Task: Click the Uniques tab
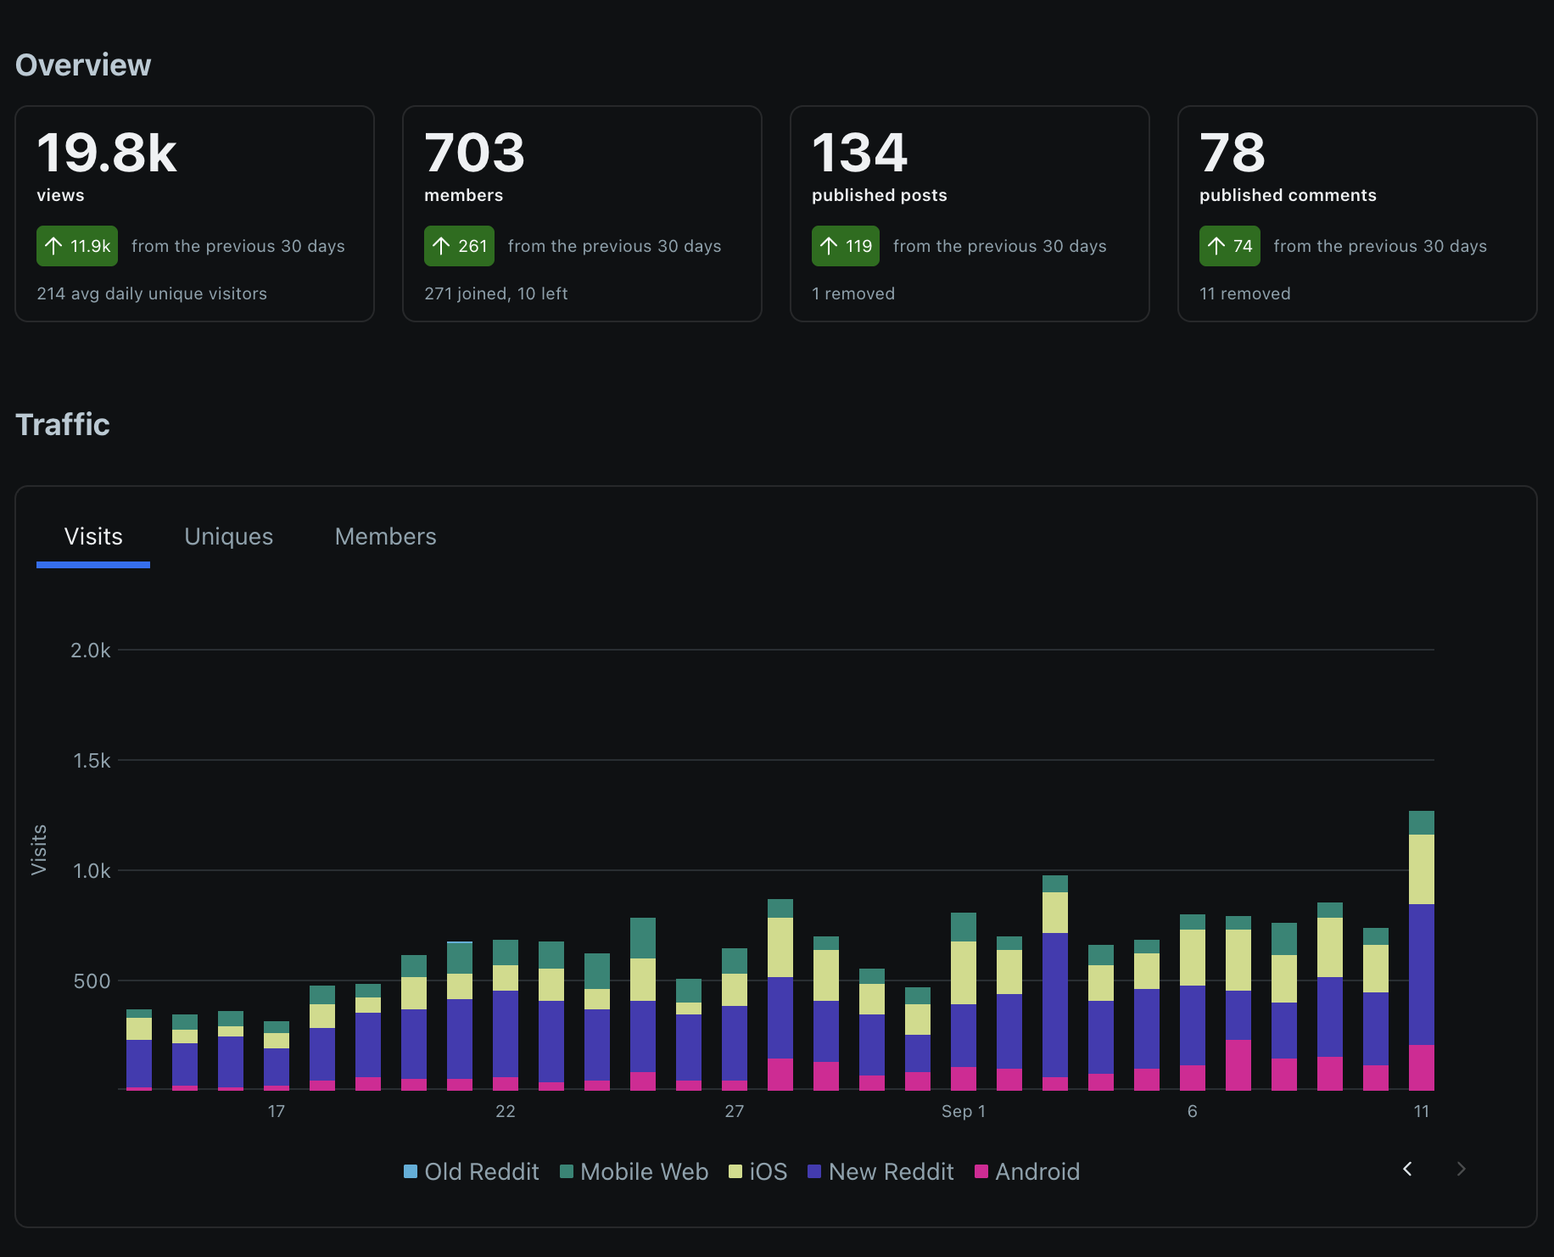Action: [228, 537]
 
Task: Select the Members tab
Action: [385, 537]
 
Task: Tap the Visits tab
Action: [93, 537]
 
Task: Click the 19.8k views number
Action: [107, 153]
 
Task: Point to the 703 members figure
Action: [474, 153]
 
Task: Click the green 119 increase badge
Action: [845, 246]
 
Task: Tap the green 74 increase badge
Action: [1229, 246]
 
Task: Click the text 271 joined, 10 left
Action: [495, 293]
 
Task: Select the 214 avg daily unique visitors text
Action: [152, 293]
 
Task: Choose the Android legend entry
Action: [1027, 1171]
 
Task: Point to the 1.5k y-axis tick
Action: [92, 761]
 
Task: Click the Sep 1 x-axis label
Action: [963, 1111]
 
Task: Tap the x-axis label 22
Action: [505, 1111]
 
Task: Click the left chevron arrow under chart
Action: [1407, 1169]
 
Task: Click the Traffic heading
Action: [63, 424]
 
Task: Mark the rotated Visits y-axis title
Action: [39, 849]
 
